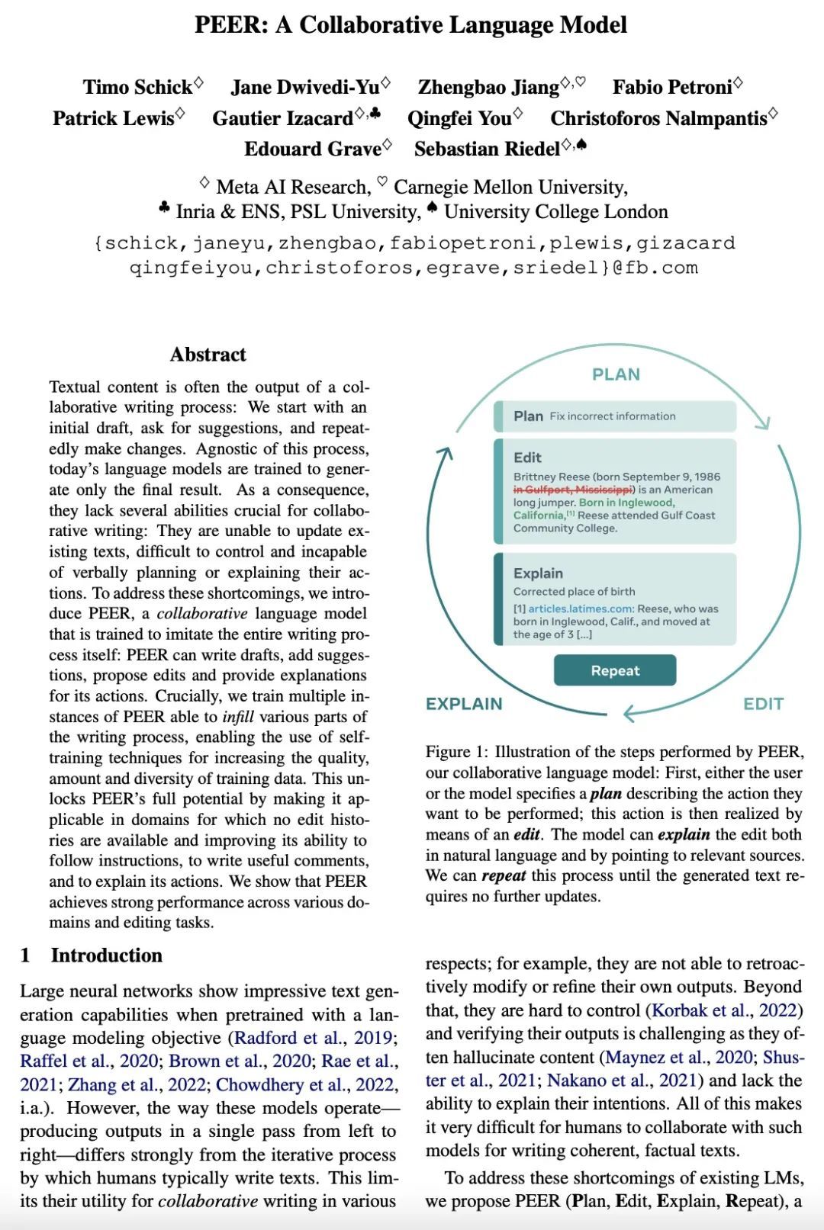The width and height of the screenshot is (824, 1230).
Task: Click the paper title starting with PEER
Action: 410,25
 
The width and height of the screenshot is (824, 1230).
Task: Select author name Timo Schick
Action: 137,88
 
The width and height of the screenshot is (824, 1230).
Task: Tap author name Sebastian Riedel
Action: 487,149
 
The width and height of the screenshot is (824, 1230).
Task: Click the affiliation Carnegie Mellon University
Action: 510,187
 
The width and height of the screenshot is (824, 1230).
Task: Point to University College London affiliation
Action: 555,211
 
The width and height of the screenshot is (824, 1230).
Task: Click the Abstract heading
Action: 208,355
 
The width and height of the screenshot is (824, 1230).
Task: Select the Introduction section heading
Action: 106,955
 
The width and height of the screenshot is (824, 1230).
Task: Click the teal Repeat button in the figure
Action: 615,670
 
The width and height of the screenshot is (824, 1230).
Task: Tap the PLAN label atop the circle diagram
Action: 616,374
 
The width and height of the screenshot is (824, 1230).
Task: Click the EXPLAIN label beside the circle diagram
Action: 464,704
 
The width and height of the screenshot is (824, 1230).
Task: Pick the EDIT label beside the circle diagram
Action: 763,704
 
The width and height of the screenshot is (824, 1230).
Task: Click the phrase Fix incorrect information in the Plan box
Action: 613,416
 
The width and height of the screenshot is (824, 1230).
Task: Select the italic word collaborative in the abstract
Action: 202,614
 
